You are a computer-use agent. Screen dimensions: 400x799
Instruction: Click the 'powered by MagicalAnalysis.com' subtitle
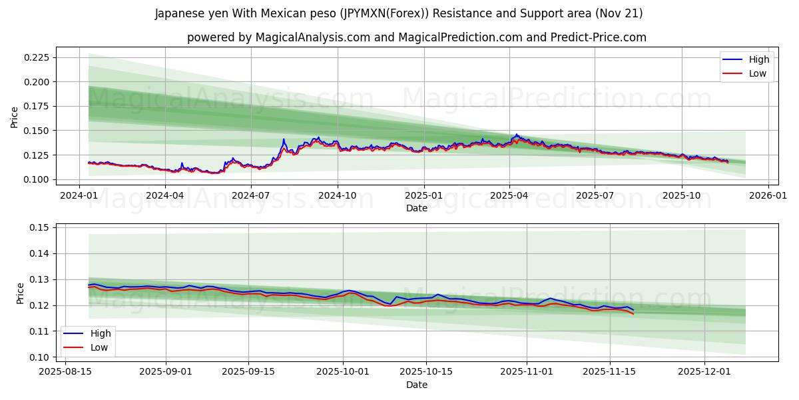(416, 37)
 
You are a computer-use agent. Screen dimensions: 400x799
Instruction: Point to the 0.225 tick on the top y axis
(37, 57)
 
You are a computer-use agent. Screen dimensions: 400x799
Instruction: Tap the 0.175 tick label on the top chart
(37, 106)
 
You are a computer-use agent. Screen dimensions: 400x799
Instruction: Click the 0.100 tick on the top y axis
(37, 179)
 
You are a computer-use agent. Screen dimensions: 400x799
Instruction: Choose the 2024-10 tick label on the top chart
(338, 196)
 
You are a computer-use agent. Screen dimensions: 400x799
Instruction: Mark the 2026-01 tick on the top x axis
(768, 196)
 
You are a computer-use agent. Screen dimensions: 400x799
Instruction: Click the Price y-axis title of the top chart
(15, 117)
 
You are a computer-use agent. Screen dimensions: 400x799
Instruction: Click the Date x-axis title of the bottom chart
(416, 385)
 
